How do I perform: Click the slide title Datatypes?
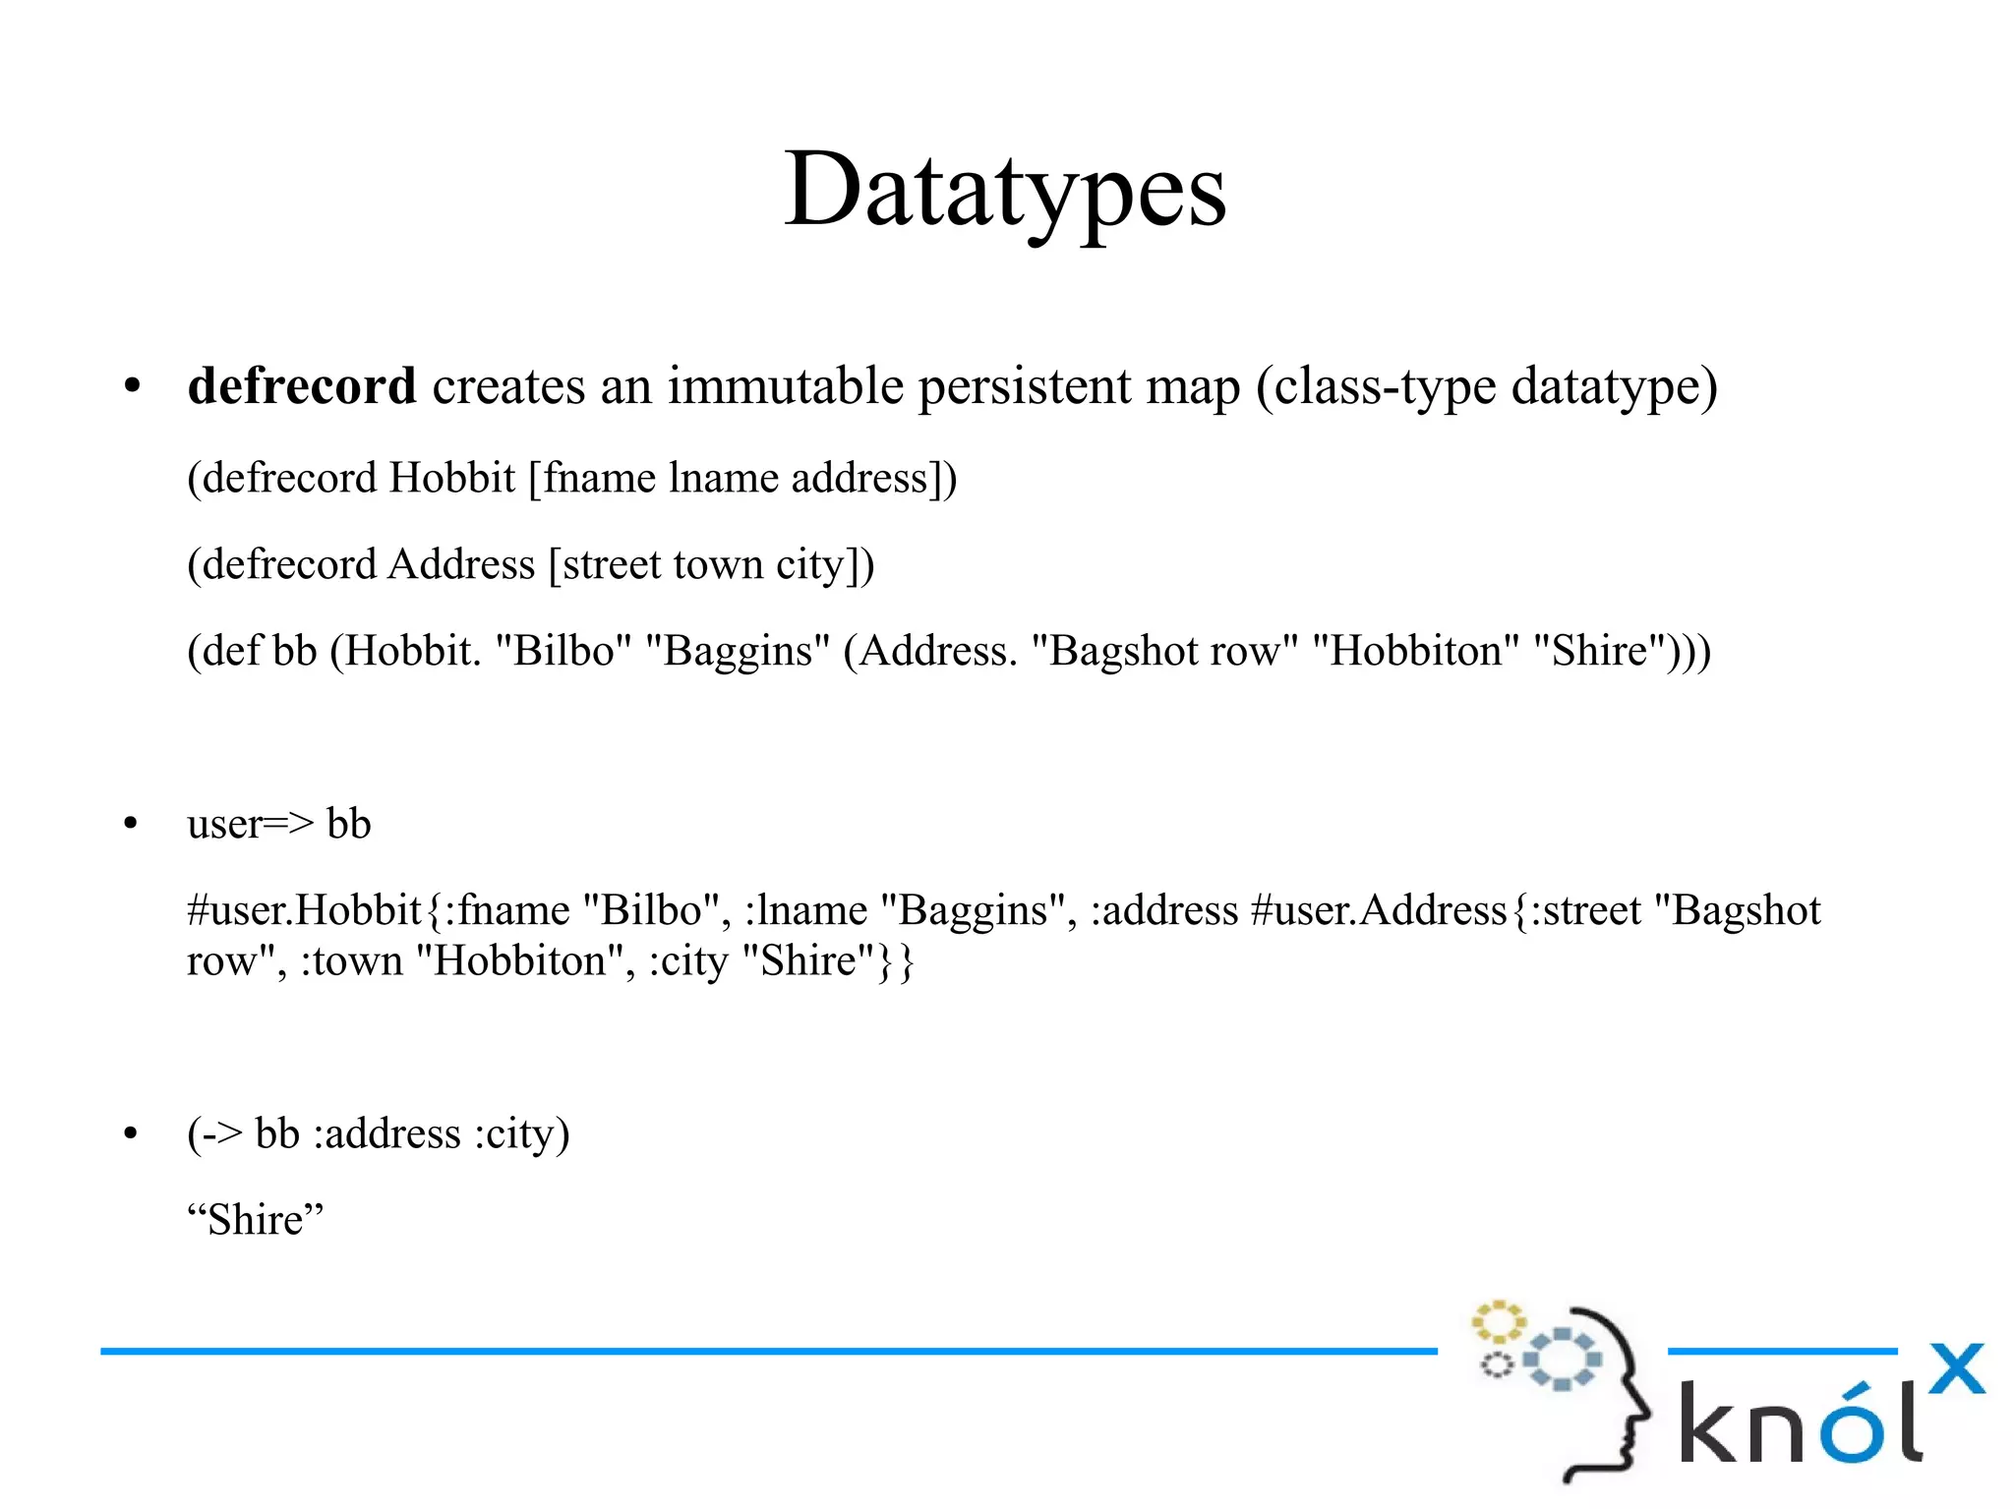pyautogui.click(x=1005, y=190)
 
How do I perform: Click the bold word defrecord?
pyautogui.click(x=302, y=385)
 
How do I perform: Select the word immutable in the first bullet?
pyautogui.click(x=785, y=385)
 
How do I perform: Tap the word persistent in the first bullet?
pyautogui.click(x=1024, y=385)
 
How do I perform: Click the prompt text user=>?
pyautogui.click(x=250, y=824)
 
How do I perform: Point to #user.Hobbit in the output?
pyautogui.click(x=305, y=910)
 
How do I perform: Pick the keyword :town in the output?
pyautogui.click(x=351, y=960)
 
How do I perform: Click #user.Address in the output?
pyautogui.click(x=1379, y=910)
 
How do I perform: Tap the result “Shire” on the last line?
pyautogui.click(x=255, y=1220)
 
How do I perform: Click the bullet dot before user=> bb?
pyautogui.click(x=132, y=824)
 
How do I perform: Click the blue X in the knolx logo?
pyautogui.click(x=1956, y=1368)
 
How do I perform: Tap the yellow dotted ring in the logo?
pyautogui.click(x=1497, y=1322)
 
